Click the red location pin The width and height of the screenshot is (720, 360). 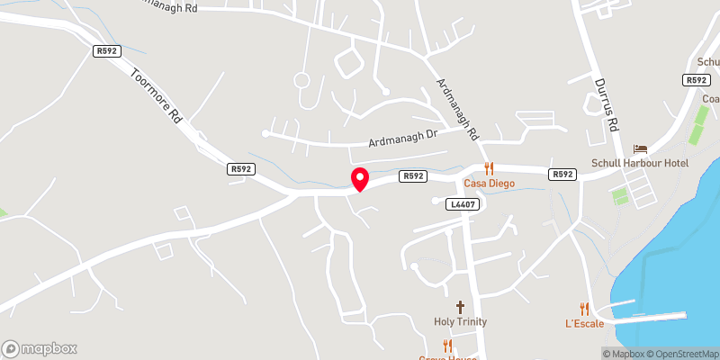(359, 179)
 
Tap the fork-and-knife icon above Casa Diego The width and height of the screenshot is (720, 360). (490, 167)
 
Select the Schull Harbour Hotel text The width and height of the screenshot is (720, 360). (640, 163)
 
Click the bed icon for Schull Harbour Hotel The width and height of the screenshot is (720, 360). (640, 148)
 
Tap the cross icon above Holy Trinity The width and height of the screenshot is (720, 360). (460, 308)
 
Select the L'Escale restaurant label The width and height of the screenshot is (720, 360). (584, 323)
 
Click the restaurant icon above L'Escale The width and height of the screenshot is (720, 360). (584, 308)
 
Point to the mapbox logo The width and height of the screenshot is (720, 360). (40, 348)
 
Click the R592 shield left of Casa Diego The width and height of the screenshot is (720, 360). (413, 176)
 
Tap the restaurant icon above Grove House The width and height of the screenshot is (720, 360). (447, 345)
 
